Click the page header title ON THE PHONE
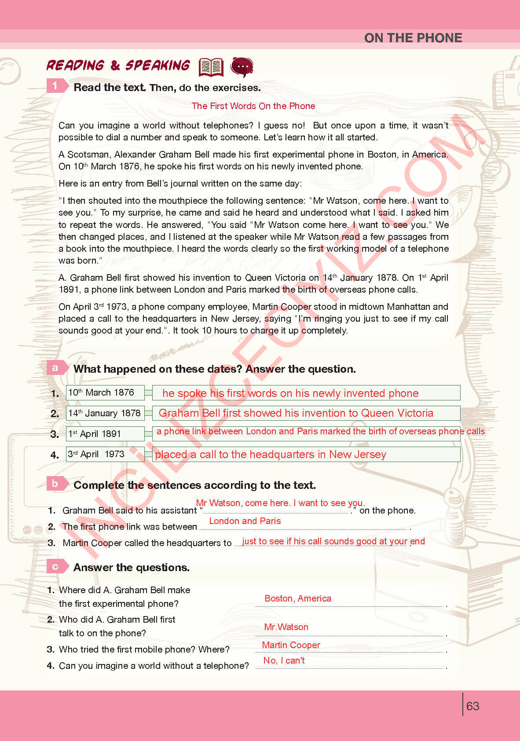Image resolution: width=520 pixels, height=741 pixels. pyautogui.click(x=413, y=38)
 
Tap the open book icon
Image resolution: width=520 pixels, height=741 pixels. pyautogui.click(x=211, y=67)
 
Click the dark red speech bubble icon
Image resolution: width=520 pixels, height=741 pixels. pyautogui.click(x=242, y=67)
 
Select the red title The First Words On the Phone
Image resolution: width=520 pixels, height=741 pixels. pyautogui.click(x=253, y=106)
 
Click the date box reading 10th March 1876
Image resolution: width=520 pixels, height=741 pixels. pyautogui.click(x=105, y=393)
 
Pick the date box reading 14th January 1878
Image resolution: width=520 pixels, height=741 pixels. pyautogui.click(x=105, y=413)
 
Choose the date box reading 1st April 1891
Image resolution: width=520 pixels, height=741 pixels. pyautogui.click(x=105, y=434)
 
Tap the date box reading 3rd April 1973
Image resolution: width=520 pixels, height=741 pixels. pyautogui.click(x=105, y=454)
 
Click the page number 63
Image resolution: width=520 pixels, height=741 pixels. pyautogui.click(x=472, y=706)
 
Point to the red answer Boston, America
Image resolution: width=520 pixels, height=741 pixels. pyautogui.click(x=298, y=598)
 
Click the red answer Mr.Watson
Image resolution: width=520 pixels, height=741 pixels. pyautogui.click(x=286, y=627)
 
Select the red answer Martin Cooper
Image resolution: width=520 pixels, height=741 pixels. pyautogui.click(x=291, y=645)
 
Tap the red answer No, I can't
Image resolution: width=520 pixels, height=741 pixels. pyautogui.click(x=284, y=660)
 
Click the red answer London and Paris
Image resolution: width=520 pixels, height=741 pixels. pyautogui.click(x=245, y=521)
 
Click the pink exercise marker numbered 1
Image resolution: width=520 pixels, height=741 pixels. pyautogui.click(x=55, y=85)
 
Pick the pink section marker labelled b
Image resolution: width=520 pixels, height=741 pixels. pyautogui.click(x=55, y=483)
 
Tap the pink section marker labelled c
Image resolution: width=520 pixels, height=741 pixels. pyautogui.click(x=55, y=566)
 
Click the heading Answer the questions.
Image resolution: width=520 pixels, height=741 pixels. pyautogui.click(x=131, y=568)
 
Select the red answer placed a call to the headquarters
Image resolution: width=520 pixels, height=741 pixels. pyautogui.click(x=271, y=455)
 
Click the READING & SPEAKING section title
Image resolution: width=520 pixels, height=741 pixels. pyautogui.click(x=118, y=66)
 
